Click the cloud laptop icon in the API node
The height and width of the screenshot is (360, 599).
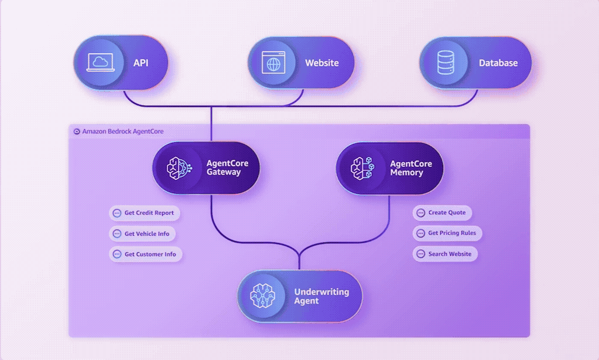pyautogui.click(x=100, y=63)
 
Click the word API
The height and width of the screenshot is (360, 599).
pyautogui.click(x=141, y=63)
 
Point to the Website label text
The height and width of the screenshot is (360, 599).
pyautogui.click(x=321, y=63)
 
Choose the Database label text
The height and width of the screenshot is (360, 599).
pyautogui.click(x=498, y=63)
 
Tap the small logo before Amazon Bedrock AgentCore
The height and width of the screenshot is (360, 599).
pyautogui.click(x=77, y=132)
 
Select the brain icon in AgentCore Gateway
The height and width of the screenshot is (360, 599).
pyautogui.click(x=178, y=168)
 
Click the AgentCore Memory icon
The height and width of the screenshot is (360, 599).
pyautogui.click(x=362, y=168)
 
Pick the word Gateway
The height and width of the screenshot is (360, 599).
pyautogui.click(x=223, y=173)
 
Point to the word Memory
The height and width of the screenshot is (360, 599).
pyautogui.click(x=406, y=173)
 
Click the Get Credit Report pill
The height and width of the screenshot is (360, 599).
pyautogui.click(x=145, y=213)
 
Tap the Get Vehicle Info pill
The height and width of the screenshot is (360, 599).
pyautogui.click(x=142, y=234)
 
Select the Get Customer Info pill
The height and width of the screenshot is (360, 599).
pyautogui.click(x=146, y=255)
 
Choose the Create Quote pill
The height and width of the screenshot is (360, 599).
pyautogui.click(x=442, y=212)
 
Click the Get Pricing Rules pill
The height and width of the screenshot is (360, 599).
pyautogui.click(x=447, y=233)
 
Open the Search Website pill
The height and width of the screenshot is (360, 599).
pyautogui.click(x=445, y=254)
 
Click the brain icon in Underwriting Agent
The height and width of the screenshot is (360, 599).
pyautogui.click(x=262, y=296)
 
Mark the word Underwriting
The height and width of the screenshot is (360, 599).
pyautogui.click(x=321, y=292)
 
